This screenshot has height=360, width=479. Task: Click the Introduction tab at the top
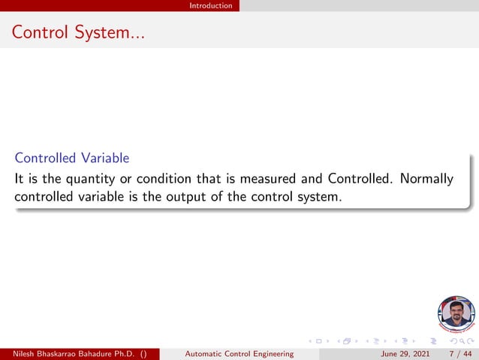pos(210,5)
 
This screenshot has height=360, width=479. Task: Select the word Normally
pos(426,179)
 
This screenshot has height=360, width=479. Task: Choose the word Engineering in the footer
pos(271,354)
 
